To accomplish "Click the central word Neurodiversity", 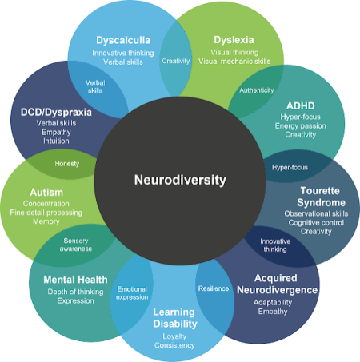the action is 180,181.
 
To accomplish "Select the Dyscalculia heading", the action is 123,40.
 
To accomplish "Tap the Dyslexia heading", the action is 234,40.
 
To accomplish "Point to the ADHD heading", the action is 301,106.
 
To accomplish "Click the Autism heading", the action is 46,192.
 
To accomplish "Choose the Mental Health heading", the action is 75,280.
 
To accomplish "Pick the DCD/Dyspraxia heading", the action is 56,113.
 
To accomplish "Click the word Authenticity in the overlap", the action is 257,90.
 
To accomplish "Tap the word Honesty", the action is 67,164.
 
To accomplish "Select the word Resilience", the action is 214,288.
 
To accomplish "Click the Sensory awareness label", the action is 76,245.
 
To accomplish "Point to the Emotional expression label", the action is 132,293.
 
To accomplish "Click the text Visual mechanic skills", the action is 234,62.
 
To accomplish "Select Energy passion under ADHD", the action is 301,126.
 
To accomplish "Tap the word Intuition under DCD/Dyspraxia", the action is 56,141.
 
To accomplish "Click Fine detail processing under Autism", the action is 46,213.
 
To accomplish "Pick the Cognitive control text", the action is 316,223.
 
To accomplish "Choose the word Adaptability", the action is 273,303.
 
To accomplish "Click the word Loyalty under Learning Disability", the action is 174,336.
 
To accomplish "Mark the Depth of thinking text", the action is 75,292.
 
